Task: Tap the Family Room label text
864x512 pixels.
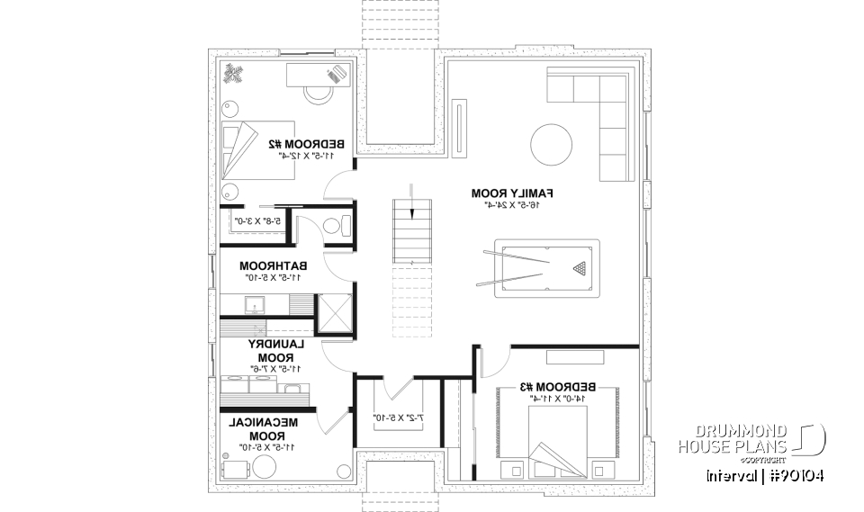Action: click(x=511, y=193)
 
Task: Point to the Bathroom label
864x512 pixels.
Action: click(x=274, y=266)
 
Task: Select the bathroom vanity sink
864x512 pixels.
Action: click(x=255, y=304)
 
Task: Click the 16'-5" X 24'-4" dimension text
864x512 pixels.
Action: click(x=511, y=206)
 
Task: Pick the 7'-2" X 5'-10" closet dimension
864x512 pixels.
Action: click(x=398, y=418)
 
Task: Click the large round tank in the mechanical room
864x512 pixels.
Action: click(x=265, y=465)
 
